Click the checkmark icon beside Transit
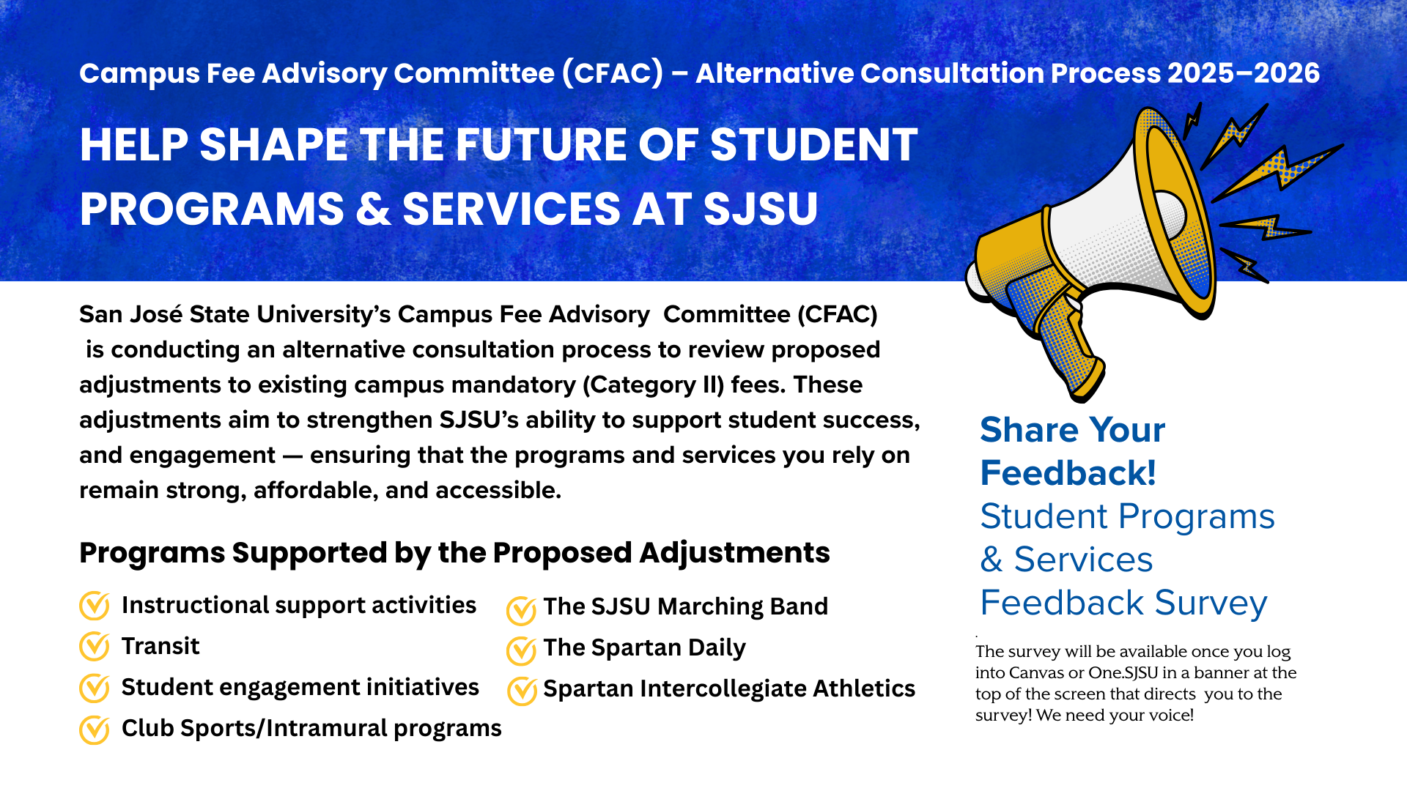click(x=94, y=647)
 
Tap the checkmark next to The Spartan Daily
click(x=521, y=650)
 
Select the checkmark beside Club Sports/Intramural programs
click(x=94, y=729)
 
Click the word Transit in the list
click(x=160, y=646)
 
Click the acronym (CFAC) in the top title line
click(x=613, y=73)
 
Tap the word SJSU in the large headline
click(x=760, y=209)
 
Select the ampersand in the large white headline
click(x=372, y=209)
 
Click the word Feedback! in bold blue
click(x=1068, y=473)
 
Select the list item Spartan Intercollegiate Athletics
click(x=728, y=688)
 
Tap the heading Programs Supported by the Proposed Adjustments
click(x=454, y=552)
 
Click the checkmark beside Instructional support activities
click(x=94, y=606)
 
